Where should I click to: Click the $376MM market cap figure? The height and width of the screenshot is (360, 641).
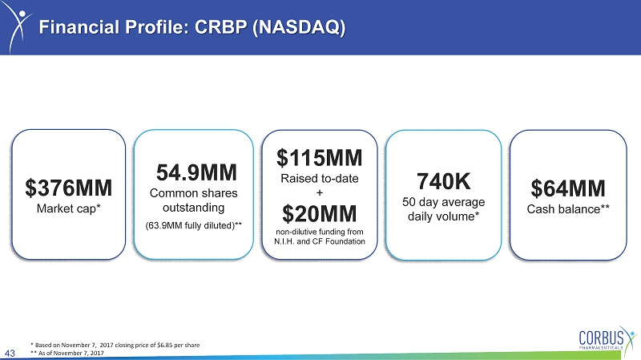69,188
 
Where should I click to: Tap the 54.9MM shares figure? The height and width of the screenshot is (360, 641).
196,172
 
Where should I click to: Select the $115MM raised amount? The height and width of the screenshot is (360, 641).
319,157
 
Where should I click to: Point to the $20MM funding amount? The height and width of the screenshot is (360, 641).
319,213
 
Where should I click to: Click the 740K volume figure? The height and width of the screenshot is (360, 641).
444,181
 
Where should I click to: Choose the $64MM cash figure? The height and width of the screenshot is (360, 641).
568,188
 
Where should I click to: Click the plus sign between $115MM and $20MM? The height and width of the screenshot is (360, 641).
320,192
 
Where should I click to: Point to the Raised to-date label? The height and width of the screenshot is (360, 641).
320,178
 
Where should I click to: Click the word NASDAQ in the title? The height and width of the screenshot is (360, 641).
299,27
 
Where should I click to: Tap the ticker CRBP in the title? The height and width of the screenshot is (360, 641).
221,27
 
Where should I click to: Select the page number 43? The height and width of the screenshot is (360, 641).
10,353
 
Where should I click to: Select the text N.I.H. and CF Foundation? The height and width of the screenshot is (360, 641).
320,241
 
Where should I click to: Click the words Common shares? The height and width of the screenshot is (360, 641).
193,193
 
